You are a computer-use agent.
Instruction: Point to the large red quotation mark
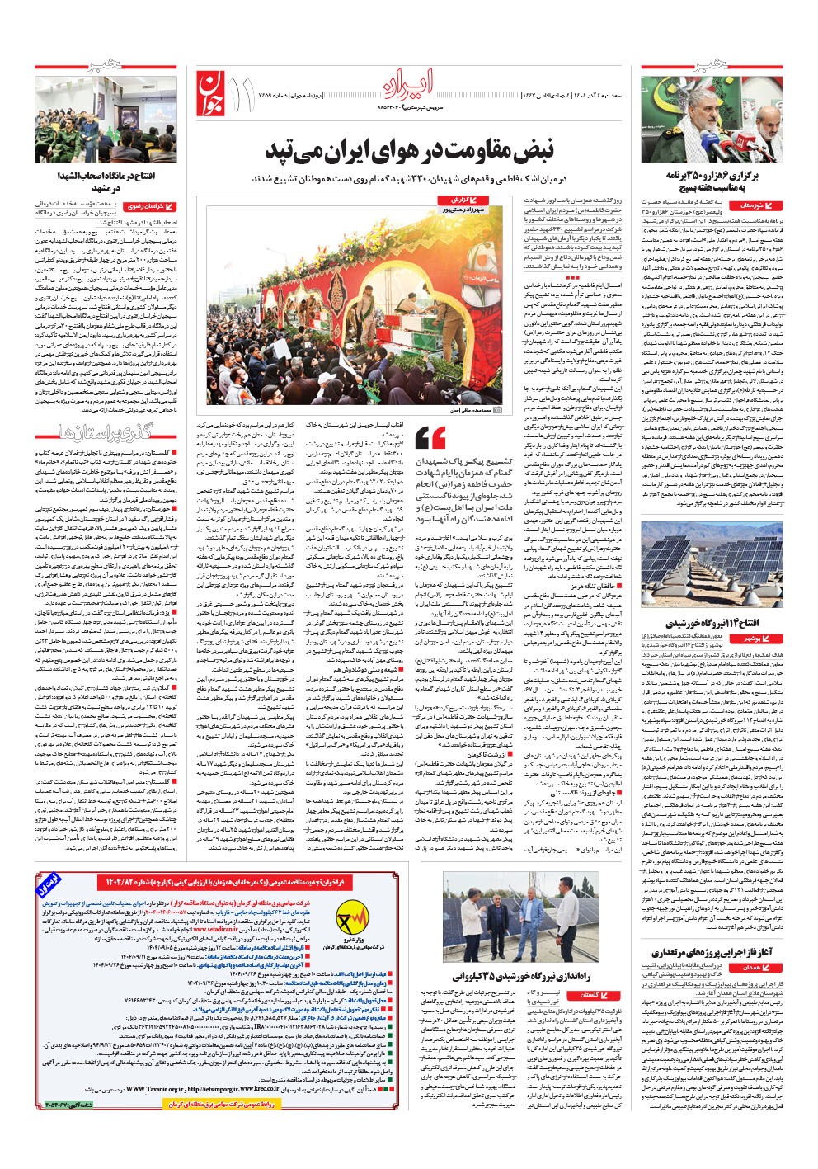pyautogui.click(x=431, y=438)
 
